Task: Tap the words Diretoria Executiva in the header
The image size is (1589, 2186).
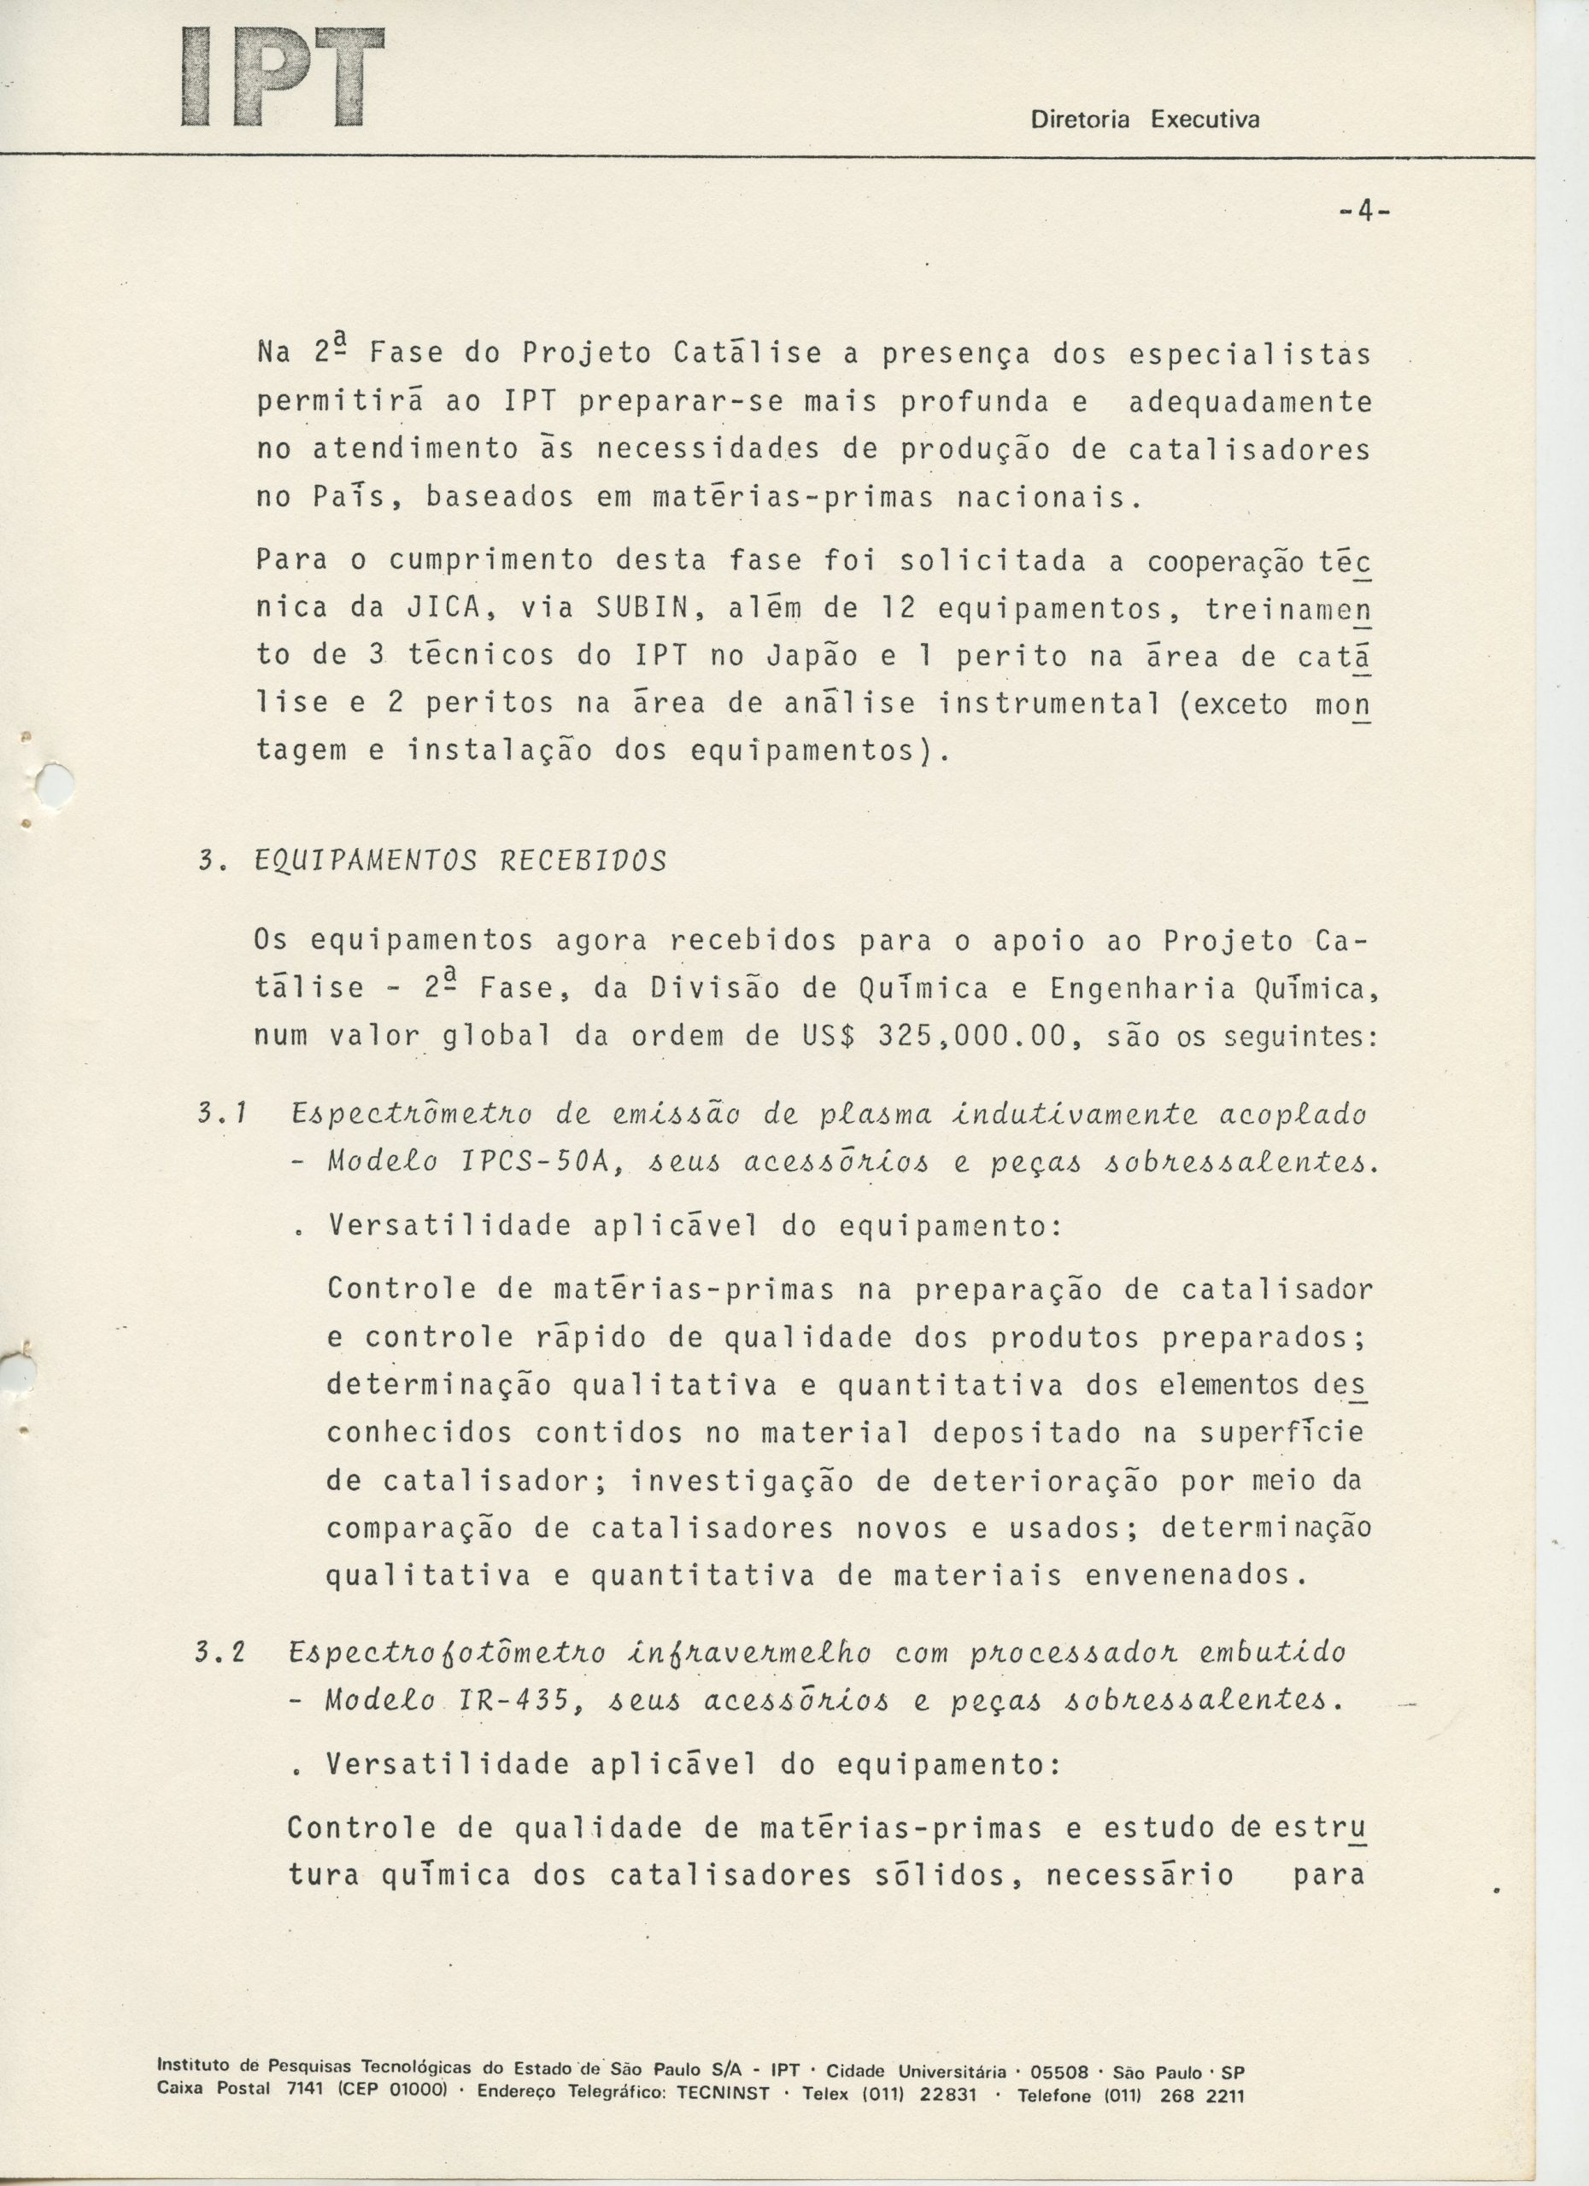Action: [1145, 120]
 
